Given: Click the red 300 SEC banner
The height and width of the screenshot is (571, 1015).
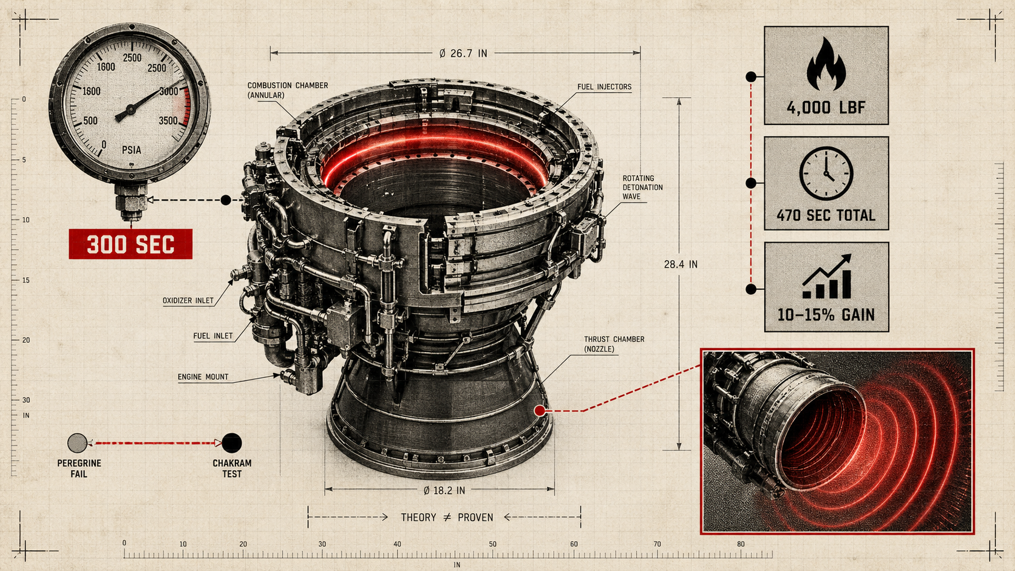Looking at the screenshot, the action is (x=131, y=244).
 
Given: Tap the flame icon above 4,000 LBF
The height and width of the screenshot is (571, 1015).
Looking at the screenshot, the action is (x=826, y=64).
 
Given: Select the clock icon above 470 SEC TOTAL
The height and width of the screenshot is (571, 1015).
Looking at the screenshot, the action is (x=826, y=174).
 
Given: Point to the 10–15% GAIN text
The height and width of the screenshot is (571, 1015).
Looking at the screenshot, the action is (x=826, y=315).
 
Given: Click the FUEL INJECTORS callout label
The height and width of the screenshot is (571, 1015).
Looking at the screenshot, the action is (x=605, y=87).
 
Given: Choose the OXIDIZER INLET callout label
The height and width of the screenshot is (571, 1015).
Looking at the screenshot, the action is (x=188, y=300).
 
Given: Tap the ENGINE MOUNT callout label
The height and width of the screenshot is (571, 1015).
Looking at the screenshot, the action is (x=203, y=377).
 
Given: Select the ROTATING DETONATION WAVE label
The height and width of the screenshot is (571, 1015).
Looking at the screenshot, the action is (x=642, y=187).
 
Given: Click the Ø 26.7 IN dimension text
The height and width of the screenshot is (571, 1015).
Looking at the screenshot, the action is (x=463, y=53).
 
